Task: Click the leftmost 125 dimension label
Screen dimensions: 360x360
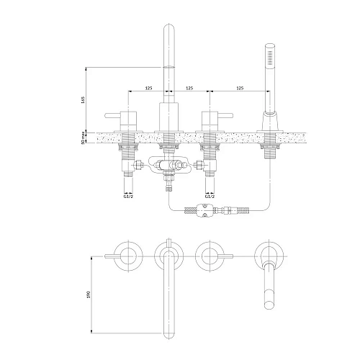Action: tap(149, 88)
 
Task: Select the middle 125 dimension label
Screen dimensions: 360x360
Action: tap(189, 88)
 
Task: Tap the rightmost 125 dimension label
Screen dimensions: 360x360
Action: tap(240, 88)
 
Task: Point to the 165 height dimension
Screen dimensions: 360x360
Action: tap(84, 100)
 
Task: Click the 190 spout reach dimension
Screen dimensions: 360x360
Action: tap(88, 294)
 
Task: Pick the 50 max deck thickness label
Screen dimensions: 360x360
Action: tap(84, 138)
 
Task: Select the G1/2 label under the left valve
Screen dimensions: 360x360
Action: tap(128, 197)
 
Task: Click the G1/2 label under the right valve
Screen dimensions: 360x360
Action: tap(210, 197)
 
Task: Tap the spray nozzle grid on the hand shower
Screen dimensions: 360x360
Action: tap(270, 58)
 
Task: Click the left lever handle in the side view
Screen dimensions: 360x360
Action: tap(112, 116)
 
